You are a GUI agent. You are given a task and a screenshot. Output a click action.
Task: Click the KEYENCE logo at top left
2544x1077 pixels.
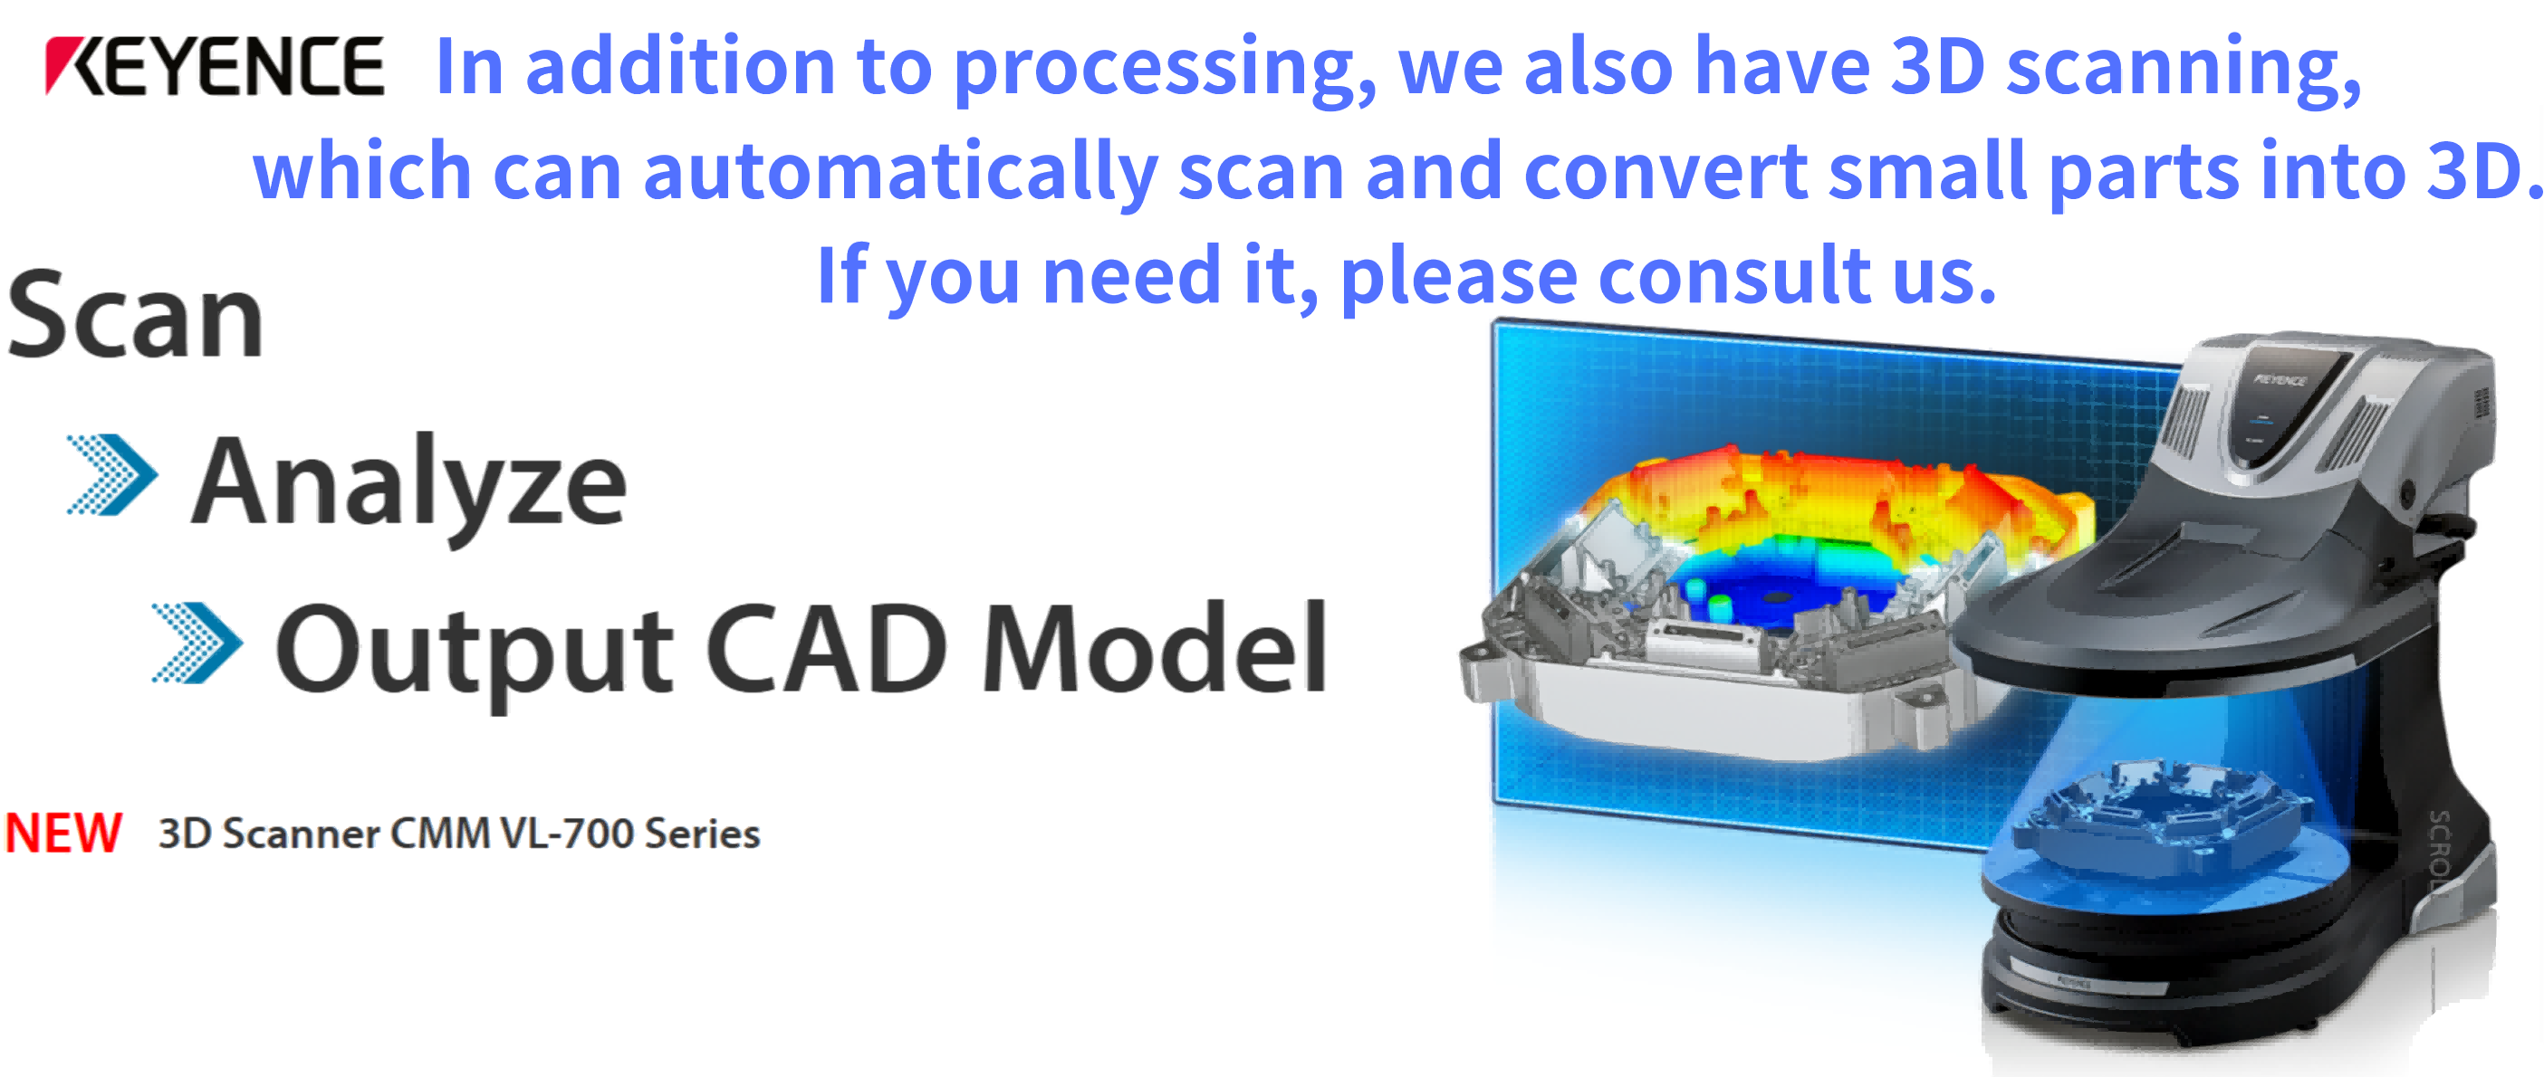pyautogui.click(x=215, y=66)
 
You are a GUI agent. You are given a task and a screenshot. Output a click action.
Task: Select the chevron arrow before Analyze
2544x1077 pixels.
pyautogui.click(x=111, y=475)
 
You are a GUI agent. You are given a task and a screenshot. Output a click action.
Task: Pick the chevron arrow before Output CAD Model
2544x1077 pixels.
pyautogui.click(x=197, y=643)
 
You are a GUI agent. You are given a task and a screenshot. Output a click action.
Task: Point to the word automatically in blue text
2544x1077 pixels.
pyautogui.click(x=900, y=174)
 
